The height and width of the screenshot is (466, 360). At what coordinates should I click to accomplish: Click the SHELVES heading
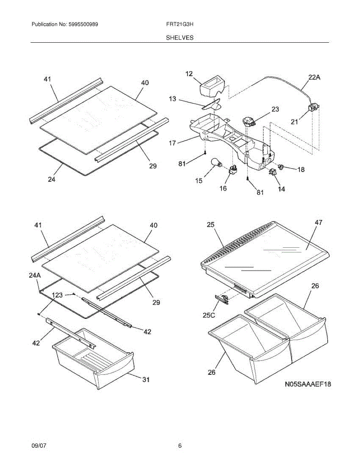pyautogui.click(x=180, y=38)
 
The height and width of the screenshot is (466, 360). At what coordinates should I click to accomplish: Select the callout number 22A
pyautogui.click(x=314, y=78)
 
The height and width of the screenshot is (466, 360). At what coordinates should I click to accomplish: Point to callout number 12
pyautogui.click(x=189, y=74)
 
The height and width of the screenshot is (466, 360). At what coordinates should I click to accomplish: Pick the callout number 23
pyautogui.click(x=275, y=110)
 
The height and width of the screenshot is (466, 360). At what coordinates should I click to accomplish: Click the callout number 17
pyautogui.click(x=172, y=143)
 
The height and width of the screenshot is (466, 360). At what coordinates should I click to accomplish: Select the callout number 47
pyautogui.click(x=318, y=223)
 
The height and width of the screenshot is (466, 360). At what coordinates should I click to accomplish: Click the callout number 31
pyautogui.click(x=145, y=380)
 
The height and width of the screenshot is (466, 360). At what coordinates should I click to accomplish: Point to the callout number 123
pyautogui.click(x=57, y=295)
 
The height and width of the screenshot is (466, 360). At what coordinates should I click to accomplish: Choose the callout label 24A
pyautogui.click(x=35, y=275)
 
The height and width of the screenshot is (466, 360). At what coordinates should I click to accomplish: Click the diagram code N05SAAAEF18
pyautogui.click(x=308, y=384)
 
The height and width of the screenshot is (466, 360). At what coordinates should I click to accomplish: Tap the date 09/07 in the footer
pyautogui.click(x=39, y=446)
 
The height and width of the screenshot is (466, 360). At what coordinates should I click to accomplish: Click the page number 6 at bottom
pyautogui.click(x=180, y=446)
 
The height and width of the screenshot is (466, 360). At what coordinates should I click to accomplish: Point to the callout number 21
pyautogui.click(x=295, y=122)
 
